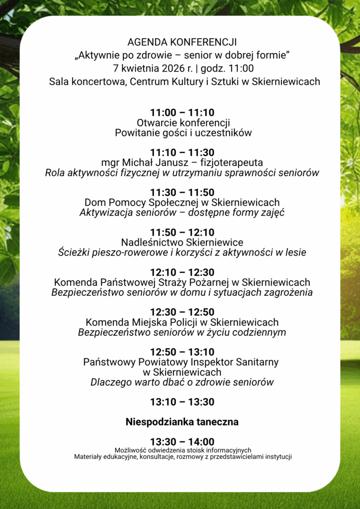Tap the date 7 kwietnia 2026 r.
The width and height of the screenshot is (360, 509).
coord(144,68)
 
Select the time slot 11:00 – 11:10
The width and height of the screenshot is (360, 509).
coord(182,113)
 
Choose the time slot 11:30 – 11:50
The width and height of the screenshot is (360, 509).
coord(182,192)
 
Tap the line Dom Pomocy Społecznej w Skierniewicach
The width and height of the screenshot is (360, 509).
coord(182,202)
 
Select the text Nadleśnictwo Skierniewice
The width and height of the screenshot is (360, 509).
coord(182,242)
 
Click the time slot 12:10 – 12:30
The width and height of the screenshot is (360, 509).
coord(182,272)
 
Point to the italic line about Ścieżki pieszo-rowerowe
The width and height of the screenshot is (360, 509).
coord(182,253)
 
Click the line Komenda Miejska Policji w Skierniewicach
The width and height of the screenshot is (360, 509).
coord(182,322)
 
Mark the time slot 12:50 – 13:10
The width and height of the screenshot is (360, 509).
coord(182,352)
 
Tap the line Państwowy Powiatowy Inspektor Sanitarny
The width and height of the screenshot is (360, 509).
coord(182,362)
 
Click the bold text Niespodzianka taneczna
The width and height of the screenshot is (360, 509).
coord(182,422)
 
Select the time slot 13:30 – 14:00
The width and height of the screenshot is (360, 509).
coord(182,442)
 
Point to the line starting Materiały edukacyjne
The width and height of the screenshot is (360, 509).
coord(182,456)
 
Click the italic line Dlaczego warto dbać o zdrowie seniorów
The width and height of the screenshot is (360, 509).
coord(182,382)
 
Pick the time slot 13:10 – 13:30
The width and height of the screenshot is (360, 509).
coord(182,402)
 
